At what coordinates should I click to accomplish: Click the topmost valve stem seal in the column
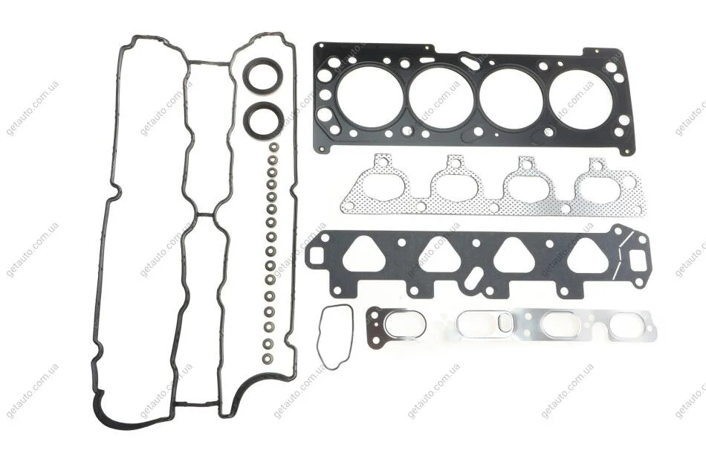coord(273,148)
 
